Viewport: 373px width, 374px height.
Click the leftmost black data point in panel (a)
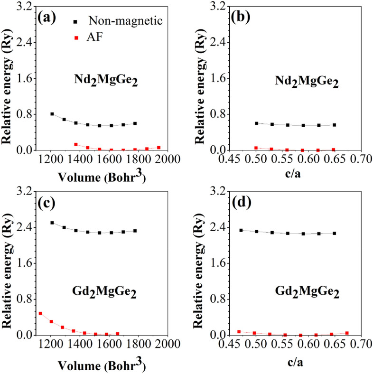pyautogui.click(x=52, y=114)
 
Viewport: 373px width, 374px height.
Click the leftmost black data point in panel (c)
pyautogui.click(x=52, y=223)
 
